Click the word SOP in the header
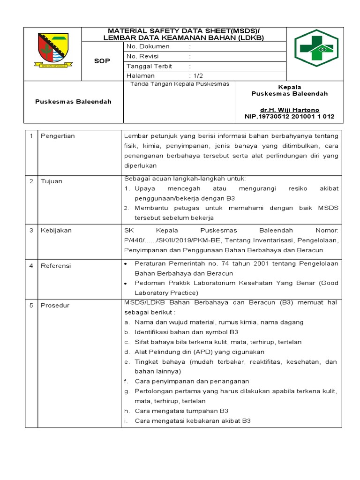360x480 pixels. [x=102, y=61]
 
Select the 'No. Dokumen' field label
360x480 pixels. [x=148, y=46]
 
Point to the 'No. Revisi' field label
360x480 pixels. [x=143, y=56]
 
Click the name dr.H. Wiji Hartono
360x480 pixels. [x=289, y=110]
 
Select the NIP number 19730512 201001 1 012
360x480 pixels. [x=290, y=117]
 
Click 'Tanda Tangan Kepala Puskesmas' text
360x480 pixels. [x=180, y=84]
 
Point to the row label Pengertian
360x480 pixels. [x=58, y=136]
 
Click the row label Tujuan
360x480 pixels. [x=52, y=181]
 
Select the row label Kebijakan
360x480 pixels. [x=56, y=231]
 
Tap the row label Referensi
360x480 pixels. [x=56, y=266]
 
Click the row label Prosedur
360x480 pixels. [x=55, y=306]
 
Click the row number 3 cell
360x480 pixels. [x=31, y=231]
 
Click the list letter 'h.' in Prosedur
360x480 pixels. [x=127, y=411]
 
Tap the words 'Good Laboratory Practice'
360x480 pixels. [x=234, y=288]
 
